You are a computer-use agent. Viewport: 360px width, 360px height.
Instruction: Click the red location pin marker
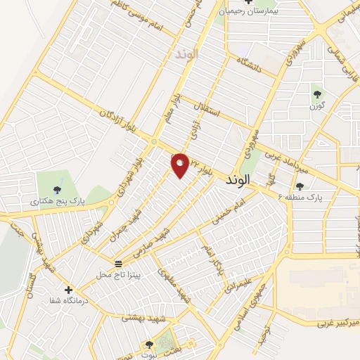[181, 165]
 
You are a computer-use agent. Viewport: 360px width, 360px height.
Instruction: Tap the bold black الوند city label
[238, 181]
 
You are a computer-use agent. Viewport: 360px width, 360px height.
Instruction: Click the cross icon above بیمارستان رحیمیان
[248, 2]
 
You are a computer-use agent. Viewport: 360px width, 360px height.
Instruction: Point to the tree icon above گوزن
[315, 94]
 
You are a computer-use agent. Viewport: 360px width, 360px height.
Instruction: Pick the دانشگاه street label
[250, 65]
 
